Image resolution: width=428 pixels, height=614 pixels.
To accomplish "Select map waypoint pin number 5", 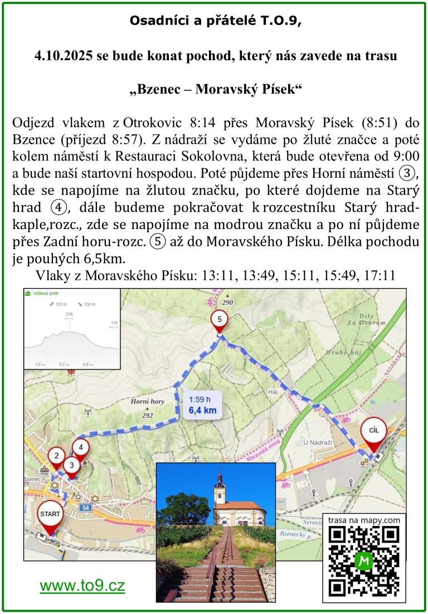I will [x=220, y=320].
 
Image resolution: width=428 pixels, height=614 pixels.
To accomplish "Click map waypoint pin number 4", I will [x=81, y=447].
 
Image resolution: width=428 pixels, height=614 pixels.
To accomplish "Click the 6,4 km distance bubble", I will [x=202, y=406].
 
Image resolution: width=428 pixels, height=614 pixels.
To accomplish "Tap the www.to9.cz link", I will [x=82, y=586].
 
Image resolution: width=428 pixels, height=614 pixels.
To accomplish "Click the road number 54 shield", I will [x=85, y=508].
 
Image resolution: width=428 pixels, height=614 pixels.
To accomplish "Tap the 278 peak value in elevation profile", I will [x=69, y=314].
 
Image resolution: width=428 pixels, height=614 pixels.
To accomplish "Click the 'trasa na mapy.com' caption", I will [x=364, y=520].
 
